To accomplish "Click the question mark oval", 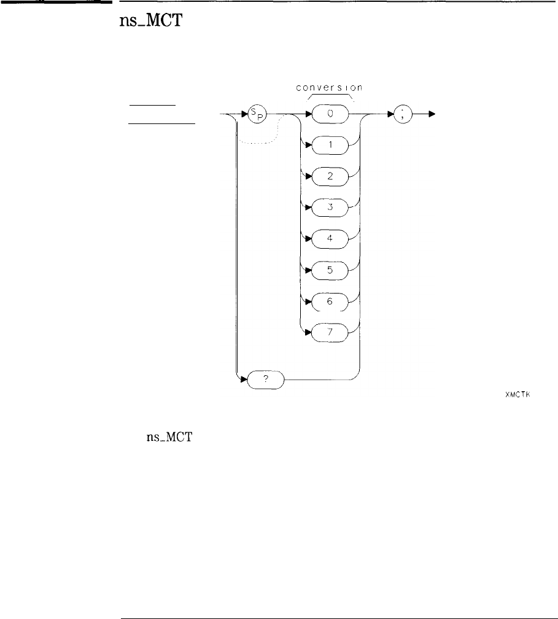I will (266, 381).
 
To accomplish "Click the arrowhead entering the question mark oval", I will (242, 381).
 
